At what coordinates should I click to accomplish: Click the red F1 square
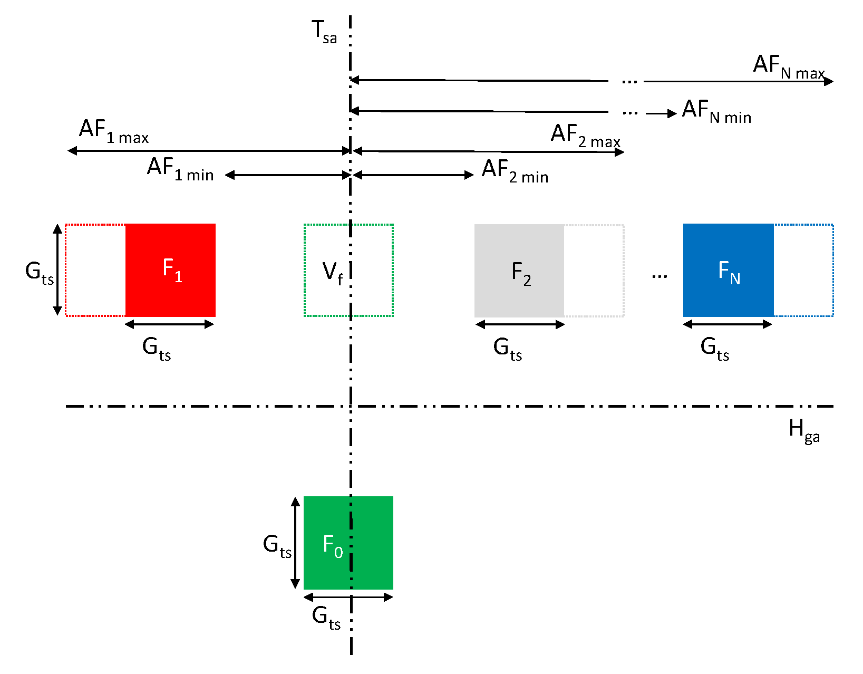point(170,270)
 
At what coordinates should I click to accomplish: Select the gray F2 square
point(519,271)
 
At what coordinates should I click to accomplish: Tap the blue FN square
point(728,270)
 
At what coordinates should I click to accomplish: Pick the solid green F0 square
point(348,543)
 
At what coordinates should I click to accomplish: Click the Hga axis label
point(803,430)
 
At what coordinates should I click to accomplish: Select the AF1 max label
point(113,131)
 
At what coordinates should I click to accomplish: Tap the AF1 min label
point(180,169)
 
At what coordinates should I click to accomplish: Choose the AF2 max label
point(585,136)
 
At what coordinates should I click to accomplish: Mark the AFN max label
point(788,67)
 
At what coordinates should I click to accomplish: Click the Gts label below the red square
point(157,349)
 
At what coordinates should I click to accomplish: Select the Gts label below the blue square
point(714,349)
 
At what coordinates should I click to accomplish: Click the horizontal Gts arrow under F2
point(520,324)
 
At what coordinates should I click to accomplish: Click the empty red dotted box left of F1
point(95,270)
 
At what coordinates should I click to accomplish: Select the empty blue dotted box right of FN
point(803,270)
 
